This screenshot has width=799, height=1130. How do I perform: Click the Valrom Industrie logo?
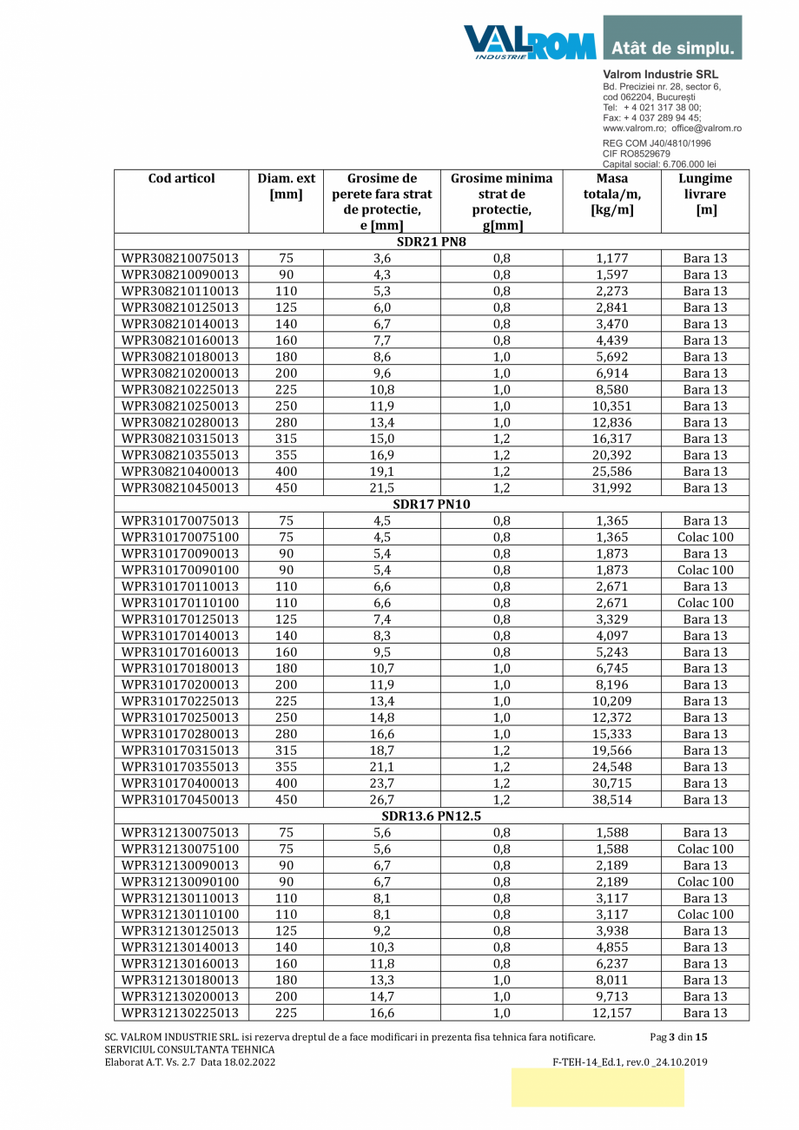[x=529, y=42]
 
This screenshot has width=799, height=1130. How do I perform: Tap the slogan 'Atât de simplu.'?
[x=672, y=47]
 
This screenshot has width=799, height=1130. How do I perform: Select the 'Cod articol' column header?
[x=182, y=179]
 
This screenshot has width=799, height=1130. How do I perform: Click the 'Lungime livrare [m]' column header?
[x=704, y=195]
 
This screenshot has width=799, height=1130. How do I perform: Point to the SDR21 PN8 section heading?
[x=432, y=241]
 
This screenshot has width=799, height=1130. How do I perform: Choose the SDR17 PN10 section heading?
[x=432, y=504]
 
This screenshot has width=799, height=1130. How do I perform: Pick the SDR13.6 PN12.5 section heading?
[x=432, y=816]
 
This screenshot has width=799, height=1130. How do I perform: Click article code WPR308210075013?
[x=181, y=258]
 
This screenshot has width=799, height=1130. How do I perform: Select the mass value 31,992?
[x=611, y=487]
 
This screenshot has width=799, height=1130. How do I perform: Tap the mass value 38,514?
[x=611, y=800]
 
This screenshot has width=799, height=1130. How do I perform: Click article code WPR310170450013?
[x=181, y=800]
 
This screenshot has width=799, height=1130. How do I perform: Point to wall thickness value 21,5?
[x=381, y=487]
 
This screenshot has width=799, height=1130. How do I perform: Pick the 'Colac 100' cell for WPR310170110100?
[x=704, y=603]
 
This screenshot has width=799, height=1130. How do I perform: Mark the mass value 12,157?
[x=611, y=1013]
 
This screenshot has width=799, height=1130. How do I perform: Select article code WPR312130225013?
[x=181, y=1013]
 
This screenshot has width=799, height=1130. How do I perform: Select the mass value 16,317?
[x=611, y=439]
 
